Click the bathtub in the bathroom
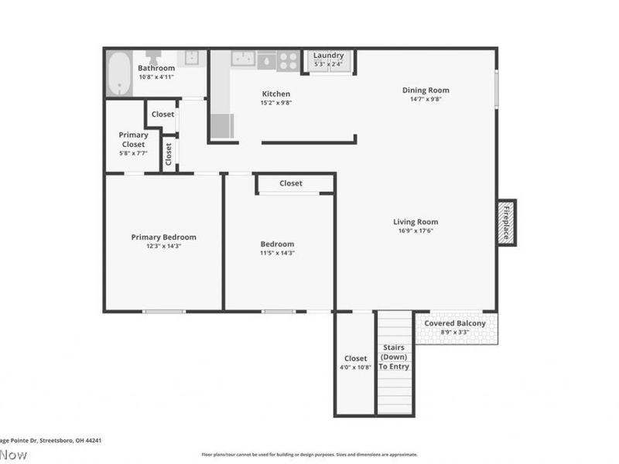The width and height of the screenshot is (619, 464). coord(119,73)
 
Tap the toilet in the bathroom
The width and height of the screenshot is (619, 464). coord(153,58)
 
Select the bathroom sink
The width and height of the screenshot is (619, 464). coord(191,58)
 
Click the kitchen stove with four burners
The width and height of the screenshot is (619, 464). coord(289,60)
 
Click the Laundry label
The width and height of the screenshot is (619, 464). coord(328,56)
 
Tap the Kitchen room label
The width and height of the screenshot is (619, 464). coord(275,94)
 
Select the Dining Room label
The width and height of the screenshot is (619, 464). coord(425,90)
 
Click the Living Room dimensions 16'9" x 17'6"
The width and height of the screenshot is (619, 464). coord(416,230)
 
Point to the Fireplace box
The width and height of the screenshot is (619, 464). coord(507,223)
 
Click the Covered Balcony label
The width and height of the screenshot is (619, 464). coord(455,323)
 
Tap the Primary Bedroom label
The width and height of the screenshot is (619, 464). coord(163,237)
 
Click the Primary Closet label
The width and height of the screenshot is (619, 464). coord(133,140)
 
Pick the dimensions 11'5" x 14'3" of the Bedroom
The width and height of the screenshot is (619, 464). coord(276,253)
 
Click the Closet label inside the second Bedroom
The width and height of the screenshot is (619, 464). coord(291,183)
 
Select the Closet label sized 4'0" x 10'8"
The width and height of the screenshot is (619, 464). coord(355,359)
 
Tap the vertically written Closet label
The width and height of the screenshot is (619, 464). coord(169,153)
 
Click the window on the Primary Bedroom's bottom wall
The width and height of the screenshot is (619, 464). coord(164,312)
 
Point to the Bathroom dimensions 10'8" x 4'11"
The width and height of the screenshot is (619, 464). coord(156,77)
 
